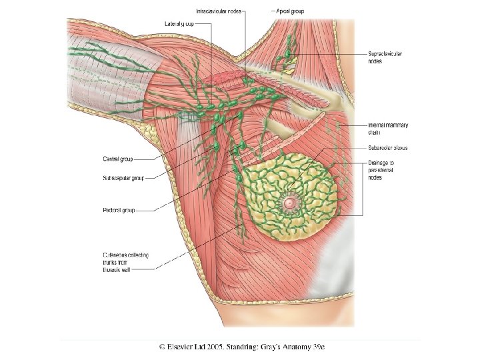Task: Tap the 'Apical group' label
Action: [x=291, y=11]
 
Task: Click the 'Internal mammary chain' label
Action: [x=387, y=128]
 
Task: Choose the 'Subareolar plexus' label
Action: [x=387, y=147]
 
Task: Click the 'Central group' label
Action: [x=117, y=159]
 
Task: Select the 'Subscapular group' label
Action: [x=123, y=178]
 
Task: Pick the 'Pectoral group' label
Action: [x=119, y=210]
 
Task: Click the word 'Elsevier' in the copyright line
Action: [x=188, y=347]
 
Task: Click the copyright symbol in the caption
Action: [x=163, y=347]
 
